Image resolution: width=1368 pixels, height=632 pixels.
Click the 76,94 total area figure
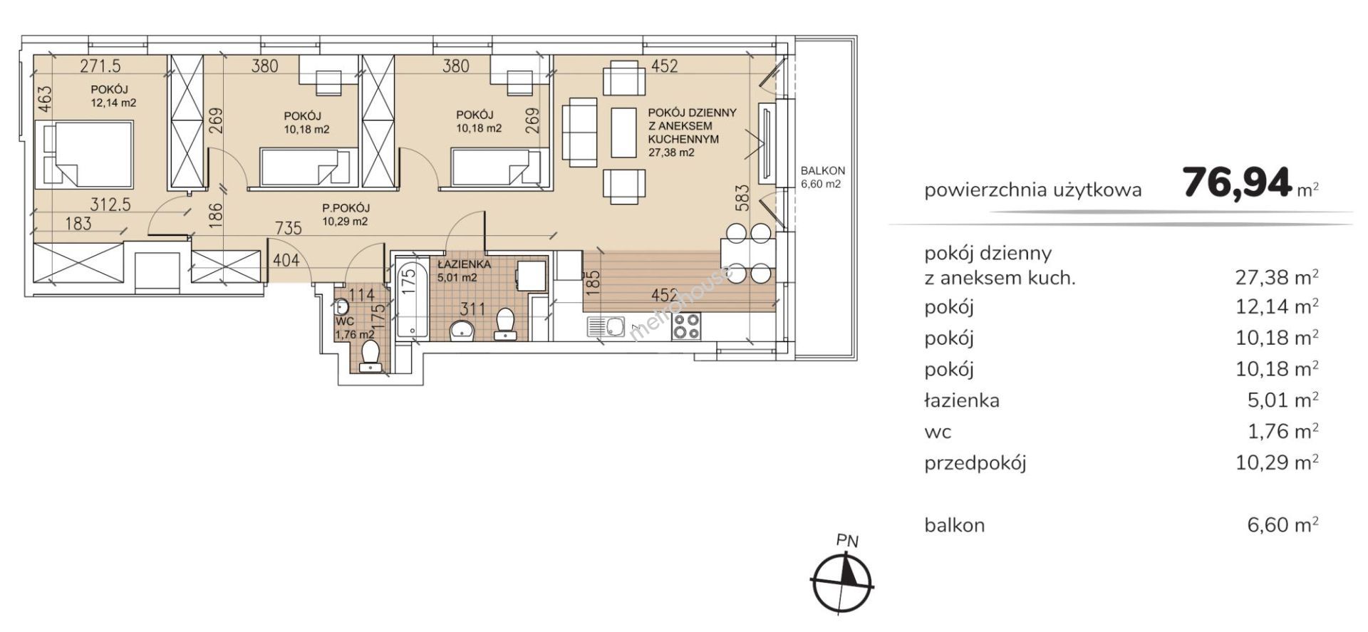click(1237, 182)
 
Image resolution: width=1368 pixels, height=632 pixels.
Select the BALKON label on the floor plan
click(823, 171)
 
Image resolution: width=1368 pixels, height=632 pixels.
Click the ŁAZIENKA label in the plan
click(464, 264)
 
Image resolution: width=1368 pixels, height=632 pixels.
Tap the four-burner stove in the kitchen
click(686, 326)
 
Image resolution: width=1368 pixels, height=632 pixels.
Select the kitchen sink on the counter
click(606, 326)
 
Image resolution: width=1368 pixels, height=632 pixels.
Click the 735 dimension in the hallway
click(289, 228)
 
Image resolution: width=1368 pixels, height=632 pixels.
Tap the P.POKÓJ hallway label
click(346, 208)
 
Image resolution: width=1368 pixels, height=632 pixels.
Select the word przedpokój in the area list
click(975, 464)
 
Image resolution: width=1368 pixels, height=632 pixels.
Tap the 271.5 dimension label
click(100, 66)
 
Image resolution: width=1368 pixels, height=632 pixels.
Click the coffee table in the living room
click(623, 133)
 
